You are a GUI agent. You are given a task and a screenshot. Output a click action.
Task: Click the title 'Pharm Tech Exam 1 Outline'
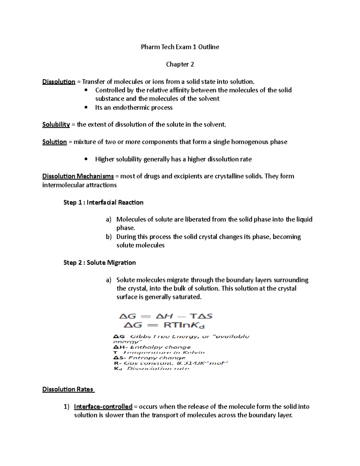(180, 47)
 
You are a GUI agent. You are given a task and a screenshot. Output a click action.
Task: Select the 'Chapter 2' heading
(180, 64)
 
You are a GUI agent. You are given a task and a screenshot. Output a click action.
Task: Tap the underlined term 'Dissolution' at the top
(59, 82)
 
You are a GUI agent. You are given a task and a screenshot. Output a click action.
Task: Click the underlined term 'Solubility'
(56, 125)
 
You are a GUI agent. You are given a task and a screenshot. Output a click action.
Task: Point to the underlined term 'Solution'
(55, 142)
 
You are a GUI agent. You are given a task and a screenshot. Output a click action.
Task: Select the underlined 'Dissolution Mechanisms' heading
(78, 176)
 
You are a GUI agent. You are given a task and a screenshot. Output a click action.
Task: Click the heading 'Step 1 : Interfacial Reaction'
(103, 203)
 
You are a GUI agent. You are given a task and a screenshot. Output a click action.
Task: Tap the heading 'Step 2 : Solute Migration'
(100, 263)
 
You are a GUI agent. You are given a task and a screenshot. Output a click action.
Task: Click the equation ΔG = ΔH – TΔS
(166, 316)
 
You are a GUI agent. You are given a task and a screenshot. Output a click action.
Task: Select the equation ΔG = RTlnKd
(164, 325)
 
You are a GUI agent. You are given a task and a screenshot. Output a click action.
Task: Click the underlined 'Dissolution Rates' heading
(68, 389)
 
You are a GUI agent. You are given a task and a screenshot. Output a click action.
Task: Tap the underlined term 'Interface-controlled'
(103, 407)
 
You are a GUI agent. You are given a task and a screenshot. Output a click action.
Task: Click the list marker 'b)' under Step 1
(109, 237)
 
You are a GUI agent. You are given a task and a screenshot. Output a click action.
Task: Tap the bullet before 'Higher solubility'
(86, 159)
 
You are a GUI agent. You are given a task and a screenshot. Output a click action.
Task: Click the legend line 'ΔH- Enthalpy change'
(152, 347)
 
